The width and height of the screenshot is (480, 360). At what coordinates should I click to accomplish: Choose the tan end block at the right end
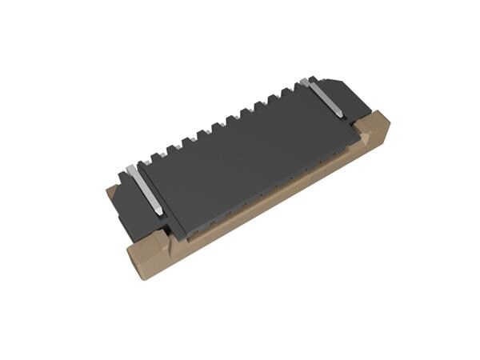[372, 132]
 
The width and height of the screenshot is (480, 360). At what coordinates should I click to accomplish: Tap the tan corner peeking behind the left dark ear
[112, 192]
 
